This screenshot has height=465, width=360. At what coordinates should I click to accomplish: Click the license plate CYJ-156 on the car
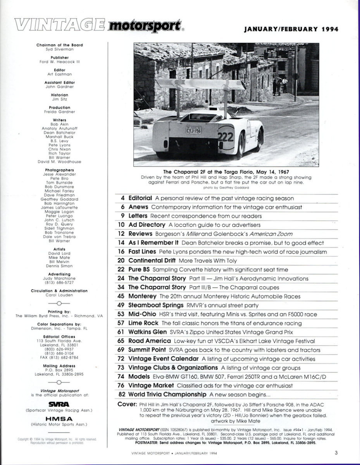(193, 131)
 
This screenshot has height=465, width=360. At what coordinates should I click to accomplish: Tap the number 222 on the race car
(226, 136)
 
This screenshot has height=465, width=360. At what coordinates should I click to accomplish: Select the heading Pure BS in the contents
(140, 269)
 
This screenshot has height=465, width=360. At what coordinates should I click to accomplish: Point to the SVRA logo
(60, 404)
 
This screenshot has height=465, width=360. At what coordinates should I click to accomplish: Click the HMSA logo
(60, 419)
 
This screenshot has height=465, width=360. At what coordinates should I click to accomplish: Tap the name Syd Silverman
(60, 49)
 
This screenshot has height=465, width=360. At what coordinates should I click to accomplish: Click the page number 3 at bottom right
(336, 452)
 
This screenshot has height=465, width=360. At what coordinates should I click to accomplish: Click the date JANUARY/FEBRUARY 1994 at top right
(291, 29)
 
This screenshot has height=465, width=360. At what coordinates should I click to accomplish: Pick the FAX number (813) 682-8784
(60, 357)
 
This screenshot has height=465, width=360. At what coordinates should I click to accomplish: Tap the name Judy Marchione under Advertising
(60, 278)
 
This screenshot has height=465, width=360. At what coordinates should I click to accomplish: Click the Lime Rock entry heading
(143, 323)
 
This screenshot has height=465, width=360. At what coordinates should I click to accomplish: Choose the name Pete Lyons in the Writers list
(60, 145)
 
